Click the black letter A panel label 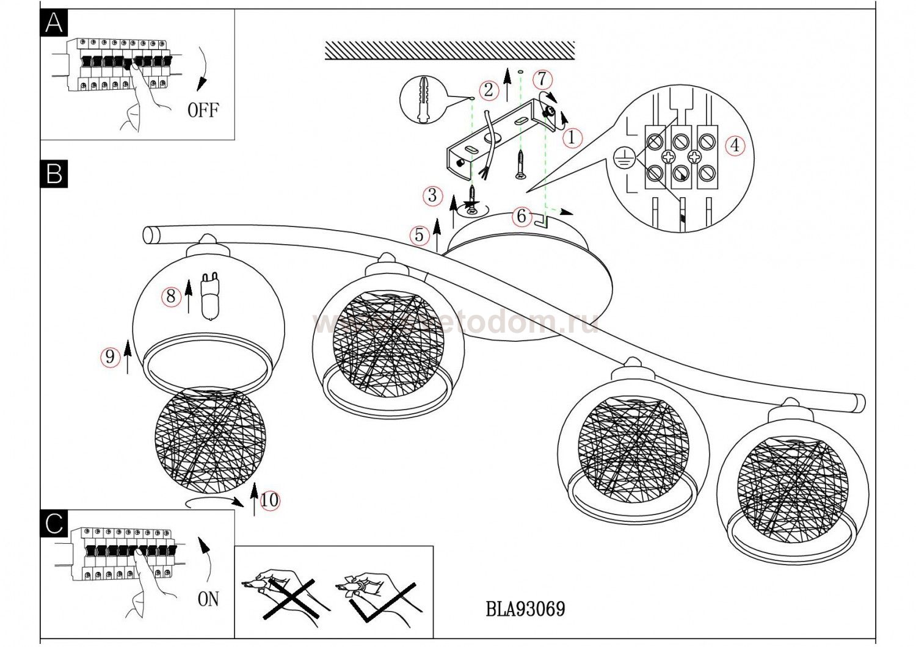tap(54, 24)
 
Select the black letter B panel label tap(54, 174)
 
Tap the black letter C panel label tap(54, 523)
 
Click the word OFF tap(203, 110)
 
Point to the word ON tap(208, 599)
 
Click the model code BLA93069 tap(525, 609)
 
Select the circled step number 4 tap(735, 146)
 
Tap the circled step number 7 tap(542, 79)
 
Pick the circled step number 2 tap(489, 90)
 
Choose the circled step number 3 tap(433, 195)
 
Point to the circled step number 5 tap(419, 235)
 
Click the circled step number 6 tap(521, 215)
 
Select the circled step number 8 tap(171, 296)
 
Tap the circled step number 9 tap(110, 356)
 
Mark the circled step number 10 tap(269, 501)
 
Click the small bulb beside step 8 tap(209, 297)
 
